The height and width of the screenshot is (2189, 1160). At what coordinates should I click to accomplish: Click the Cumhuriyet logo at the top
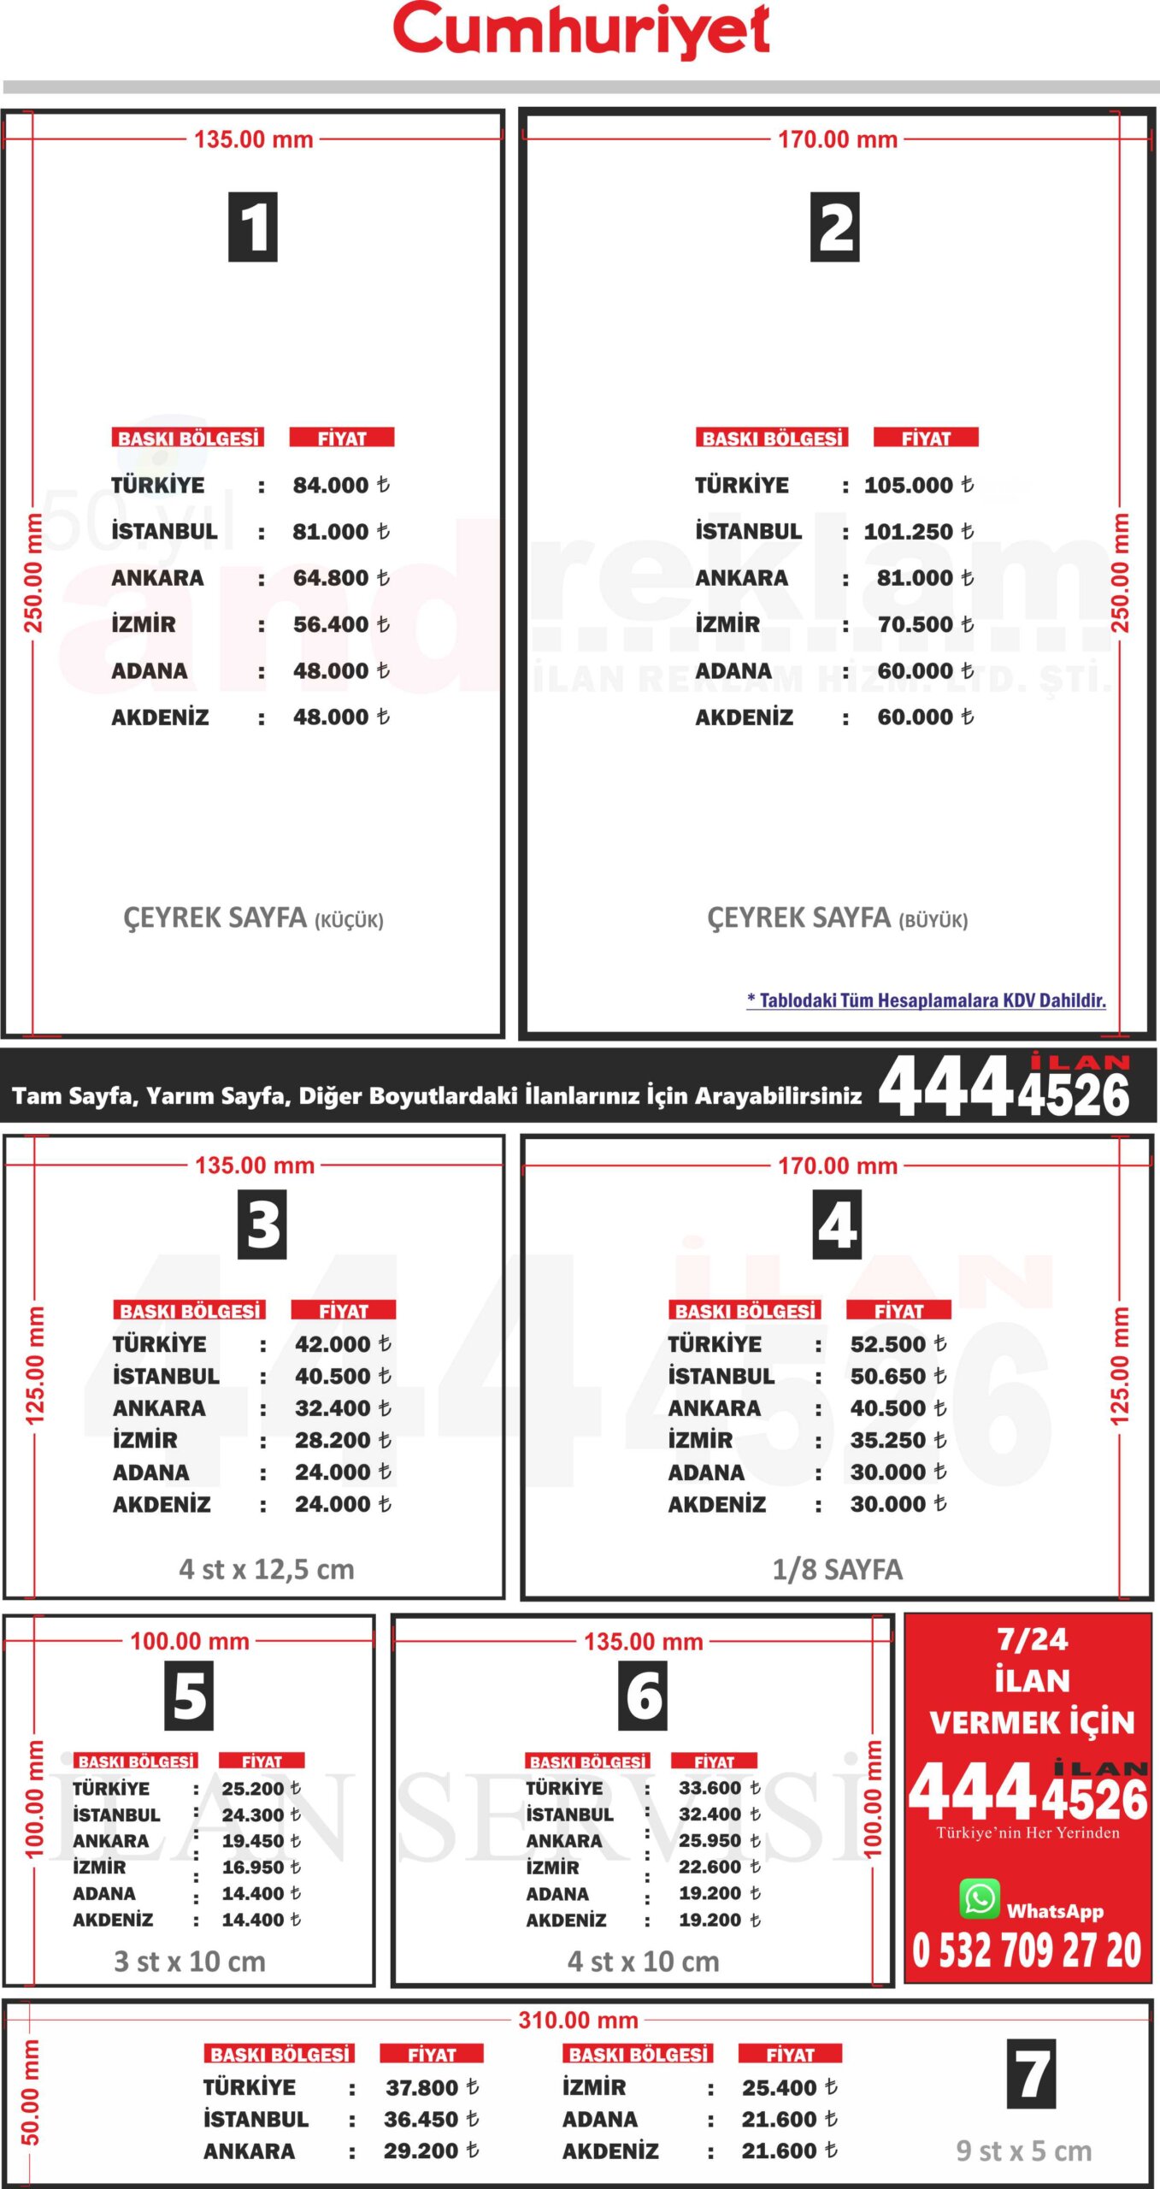581,31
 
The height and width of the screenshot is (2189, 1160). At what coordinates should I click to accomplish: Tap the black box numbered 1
253,227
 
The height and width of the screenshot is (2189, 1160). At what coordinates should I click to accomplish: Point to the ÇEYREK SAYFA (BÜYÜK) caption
837,918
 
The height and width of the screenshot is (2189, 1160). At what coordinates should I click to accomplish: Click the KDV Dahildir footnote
926,1000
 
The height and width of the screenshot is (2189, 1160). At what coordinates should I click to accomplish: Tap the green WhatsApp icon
980,1898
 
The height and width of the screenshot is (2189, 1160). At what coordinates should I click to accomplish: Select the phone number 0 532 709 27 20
1027,1950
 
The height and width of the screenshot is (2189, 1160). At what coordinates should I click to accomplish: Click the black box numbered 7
1031,2074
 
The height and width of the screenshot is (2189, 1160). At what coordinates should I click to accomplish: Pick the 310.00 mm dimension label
578,2020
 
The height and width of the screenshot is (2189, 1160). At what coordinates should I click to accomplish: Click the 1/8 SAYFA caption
837,1569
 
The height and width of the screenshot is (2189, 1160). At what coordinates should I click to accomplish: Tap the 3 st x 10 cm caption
190,1961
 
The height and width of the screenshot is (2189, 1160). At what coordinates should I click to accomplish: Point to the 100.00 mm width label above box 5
190,1641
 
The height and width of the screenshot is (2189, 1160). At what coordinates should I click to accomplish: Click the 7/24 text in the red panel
1032,1639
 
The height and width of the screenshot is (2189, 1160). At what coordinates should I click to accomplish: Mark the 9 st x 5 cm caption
1023,2151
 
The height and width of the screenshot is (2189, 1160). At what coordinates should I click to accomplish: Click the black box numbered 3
262,1224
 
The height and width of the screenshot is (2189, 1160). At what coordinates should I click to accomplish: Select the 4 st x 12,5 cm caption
267,1569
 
